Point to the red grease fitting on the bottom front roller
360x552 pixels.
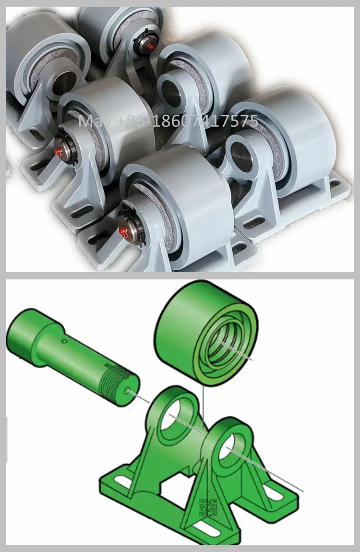124,233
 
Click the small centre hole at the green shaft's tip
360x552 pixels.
128,391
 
